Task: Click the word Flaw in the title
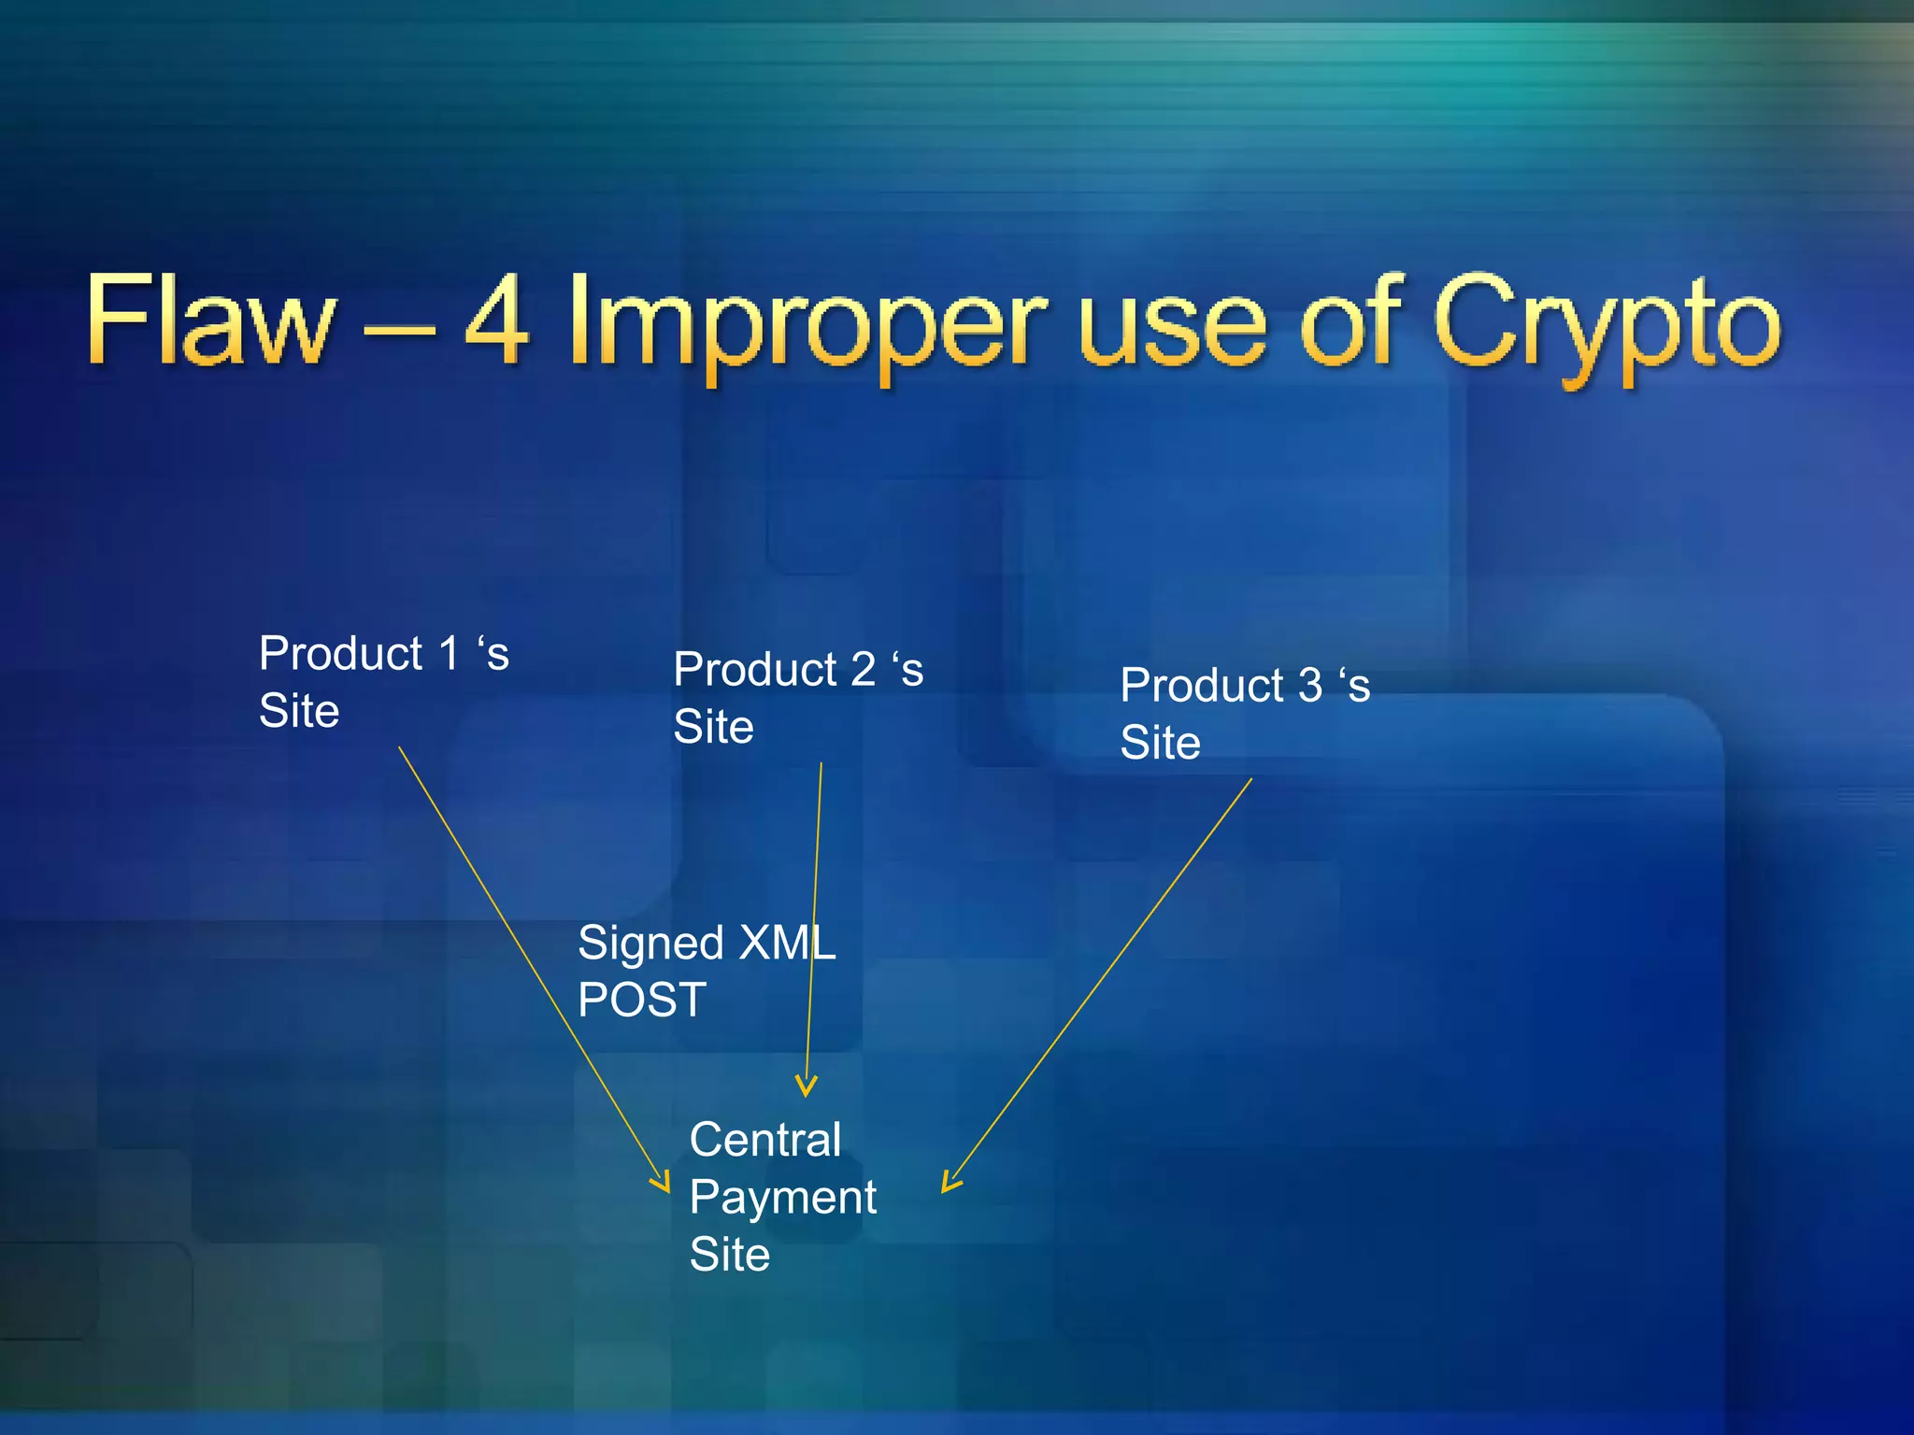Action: click(211, 320)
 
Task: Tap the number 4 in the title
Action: click(496, 320)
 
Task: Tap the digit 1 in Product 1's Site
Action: click(450, 653)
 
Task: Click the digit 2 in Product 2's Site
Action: click(863, 669)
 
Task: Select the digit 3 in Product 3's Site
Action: click(1310, 685)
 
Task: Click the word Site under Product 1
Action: click(299, 711)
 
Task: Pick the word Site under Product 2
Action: click(713, 727)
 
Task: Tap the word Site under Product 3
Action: click(1160, 743)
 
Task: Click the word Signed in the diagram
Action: click(650, 944)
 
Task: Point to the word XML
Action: click(787, 942)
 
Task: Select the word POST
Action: click(642, 1000)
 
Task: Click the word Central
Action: click(765, 1140)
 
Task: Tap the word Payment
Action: click(783, 1198)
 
